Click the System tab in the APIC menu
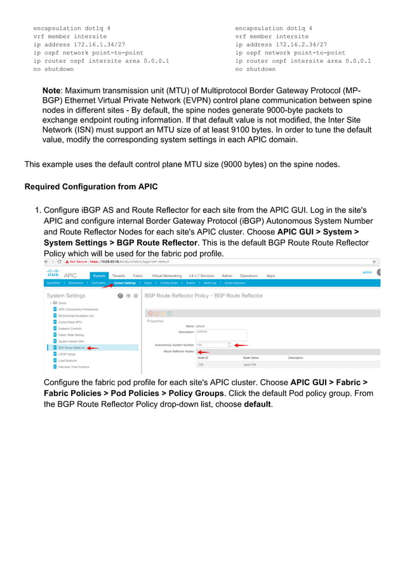(99, 275)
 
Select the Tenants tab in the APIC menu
(118, 275)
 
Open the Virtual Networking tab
(167, 275)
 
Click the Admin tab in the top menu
(227, 275)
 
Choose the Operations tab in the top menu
(249, 275)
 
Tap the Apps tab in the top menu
(270, 275)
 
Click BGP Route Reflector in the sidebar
(71, 348)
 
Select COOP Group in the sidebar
(67, 354)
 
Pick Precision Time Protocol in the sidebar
(74, 367)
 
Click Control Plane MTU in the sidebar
(70, 322)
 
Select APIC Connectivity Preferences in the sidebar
(78, 309)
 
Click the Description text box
(220, 334)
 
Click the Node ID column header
(203, 358)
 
